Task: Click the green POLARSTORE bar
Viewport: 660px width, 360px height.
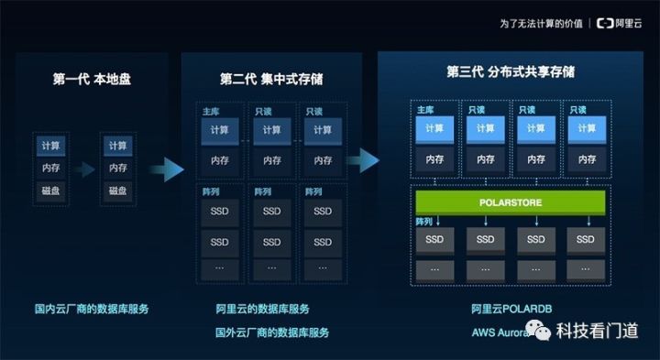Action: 511,202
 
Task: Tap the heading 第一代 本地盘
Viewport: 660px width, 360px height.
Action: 92,79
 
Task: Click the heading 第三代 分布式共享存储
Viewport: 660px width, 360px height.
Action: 511,71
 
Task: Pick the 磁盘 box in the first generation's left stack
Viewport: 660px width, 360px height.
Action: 50,191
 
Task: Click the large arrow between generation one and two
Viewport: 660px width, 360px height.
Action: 166,168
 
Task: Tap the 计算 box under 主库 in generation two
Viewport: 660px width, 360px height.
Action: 219,130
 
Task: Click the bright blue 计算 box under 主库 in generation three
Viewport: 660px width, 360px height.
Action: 434,129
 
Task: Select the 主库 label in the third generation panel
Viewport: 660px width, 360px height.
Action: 424,109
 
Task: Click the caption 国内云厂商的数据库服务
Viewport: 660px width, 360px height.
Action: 92,309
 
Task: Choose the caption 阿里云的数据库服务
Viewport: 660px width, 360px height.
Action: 262,309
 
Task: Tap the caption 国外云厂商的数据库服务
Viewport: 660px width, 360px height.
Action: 271,333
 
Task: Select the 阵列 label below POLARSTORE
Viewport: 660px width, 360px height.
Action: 423,222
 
